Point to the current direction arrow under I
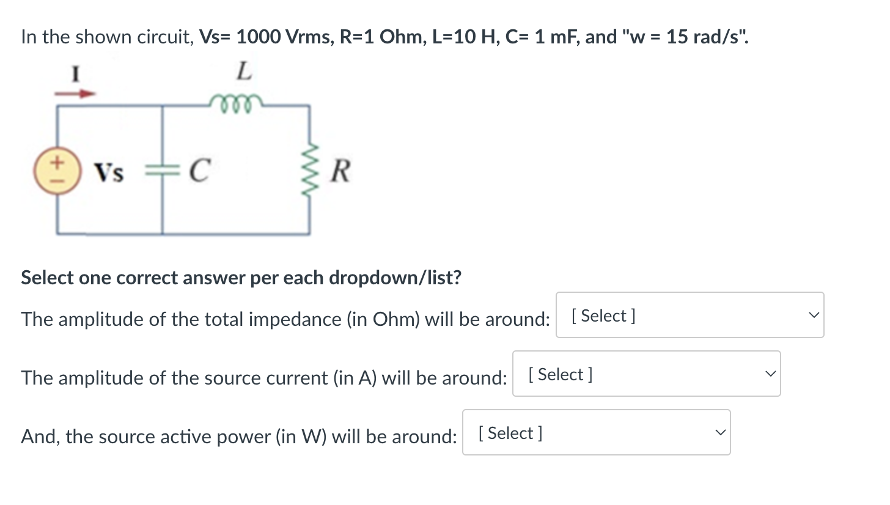click(76, 94)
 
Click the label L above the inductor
click(243, 72)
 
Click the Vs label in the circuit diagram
click(109, 174)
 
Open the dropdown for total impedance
click(690, 315)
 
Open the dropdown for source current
click(646, 374)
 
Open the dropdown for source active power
click(596, 433)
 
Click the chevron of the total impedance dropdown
click(812, 315)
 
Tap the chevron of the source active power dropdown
click(719, 433)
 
